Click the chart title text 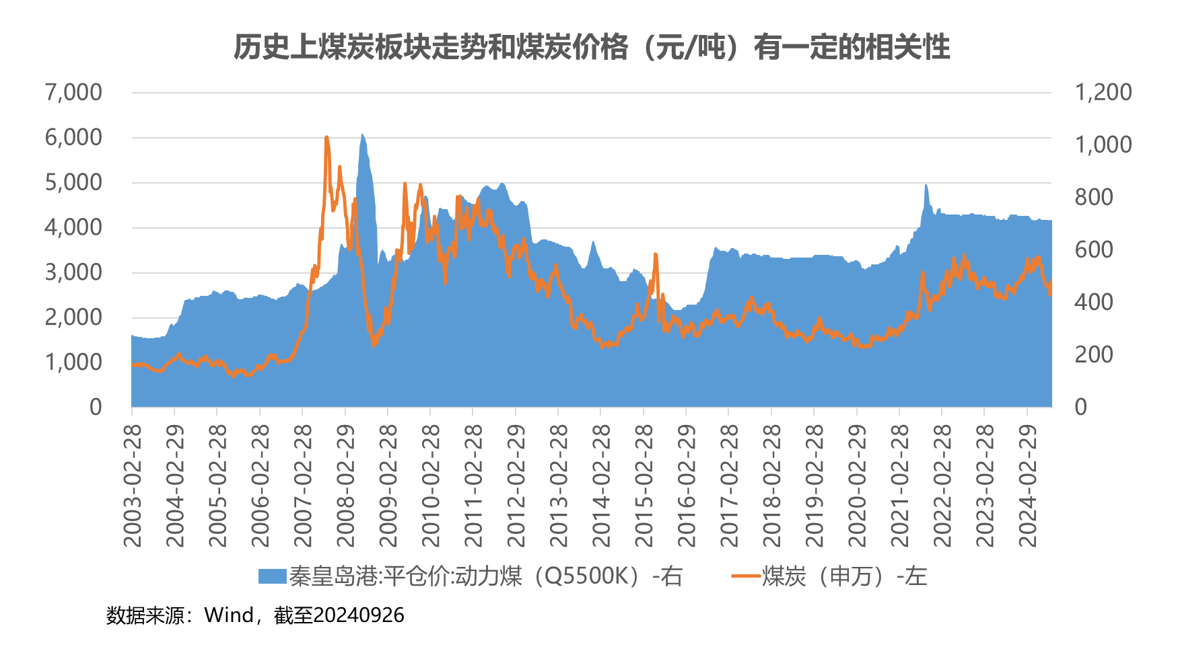(592, 47)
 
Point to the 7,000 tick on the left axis (73, 92)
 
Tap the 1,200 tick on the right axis (1103, 92)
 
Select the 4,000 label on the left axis (73, 227)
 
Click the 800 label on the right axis (1094, 197)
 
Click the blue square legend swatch (272, 576)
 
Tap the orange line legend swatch (745, 576)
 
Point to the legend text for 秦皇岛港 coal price (486, 576)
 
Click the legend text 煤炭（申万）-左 (844, 576)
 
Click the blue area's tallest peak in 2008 (362, 135)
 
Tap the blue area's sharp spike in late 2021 (926, 186)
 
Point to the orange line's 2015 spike (656, 255)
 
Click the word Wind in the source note (229, 615)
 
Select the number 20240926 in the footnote (359, 615)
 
